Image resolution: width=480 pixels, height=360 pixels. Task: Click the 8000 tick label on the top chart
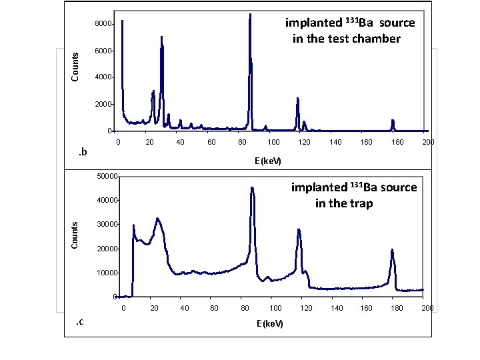pyautogui.click(x=103, y=25)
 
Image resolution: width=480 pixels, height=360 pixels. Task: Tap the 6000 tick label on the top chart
pyautogui.click(x=103, y=51)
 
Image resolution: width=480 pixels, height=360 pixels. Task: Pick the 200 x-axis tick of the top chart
pyautogui.click(x=429, y=142)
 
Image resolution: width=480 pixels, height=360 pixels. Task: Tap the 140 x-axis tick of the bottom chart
pyautogui.click(x=337, y=308)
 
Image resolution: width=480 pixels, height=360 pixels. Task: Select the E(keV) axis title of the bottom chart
pyautogui.click(x=269, y=323)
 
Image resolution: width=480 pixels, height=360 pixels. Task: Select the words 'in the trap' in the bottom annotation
pyautogui.click(x=344, y=203)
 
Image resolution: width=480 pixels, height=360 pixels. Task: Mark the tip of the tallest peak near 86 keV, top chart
pyautogui.click(x=250, y=14)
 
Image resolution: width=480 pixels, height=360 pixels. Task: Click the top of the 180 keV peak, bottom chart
pyautogui.click(x=393, y=250)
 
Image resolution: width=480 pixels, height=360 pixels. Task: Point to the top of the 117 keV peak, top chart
pyautogui.click(x=297, y=99)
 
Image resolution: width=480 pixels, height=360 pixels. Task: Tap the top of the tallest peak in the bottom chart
pyautogui.click(x=252, y=187)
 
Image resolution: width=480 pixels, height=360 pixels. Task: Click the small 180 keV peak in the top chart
pyautogui.click(x=393, y=121)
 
